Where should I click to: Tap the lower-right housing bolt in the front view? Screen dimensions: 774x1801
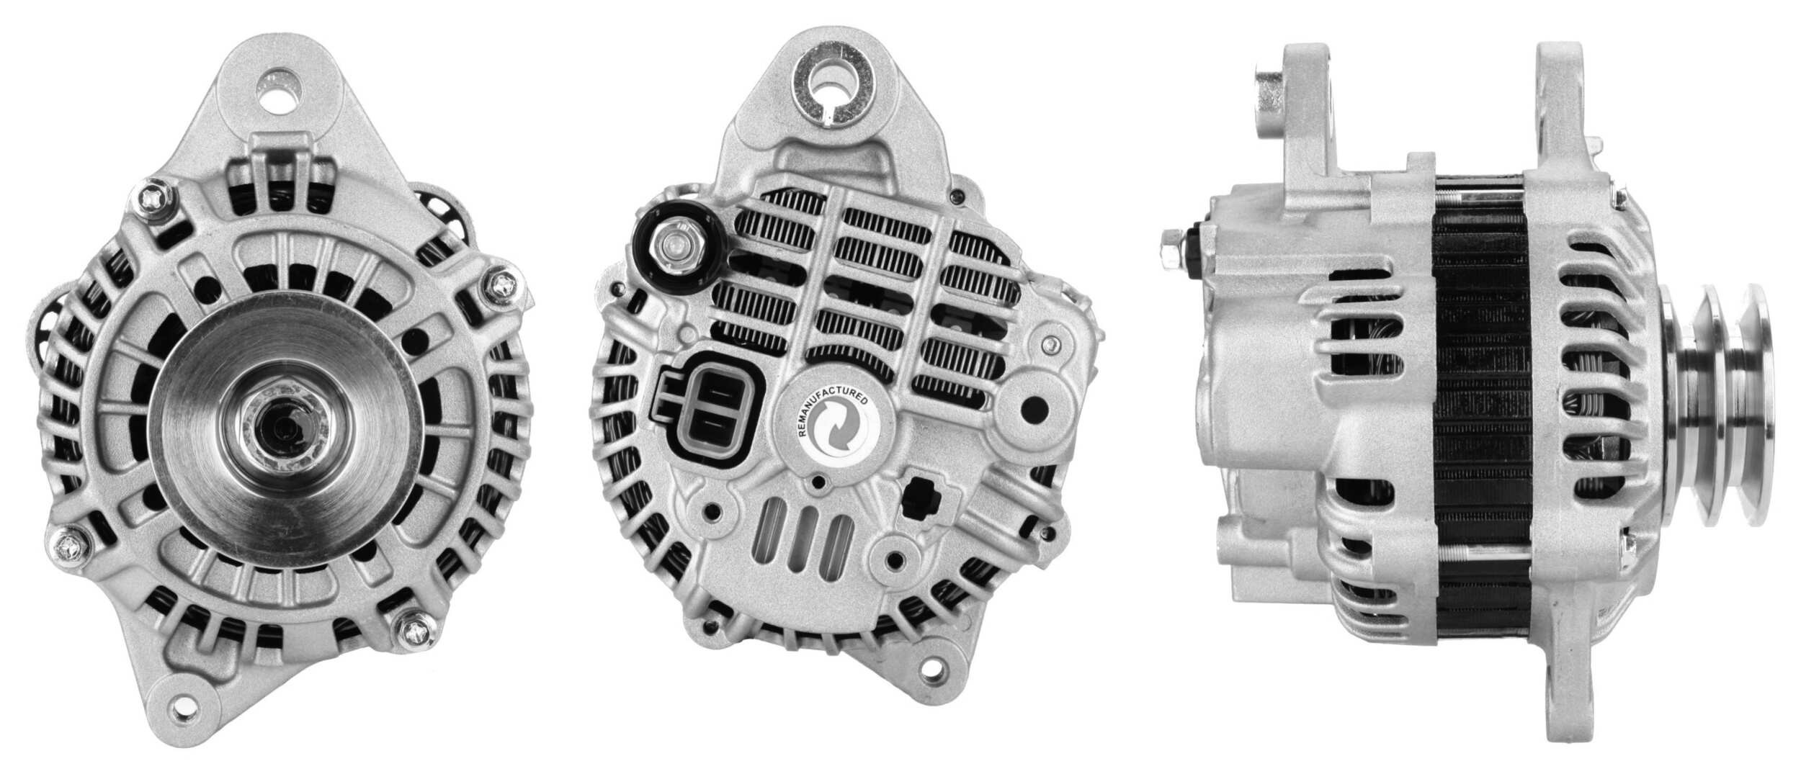416,652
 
